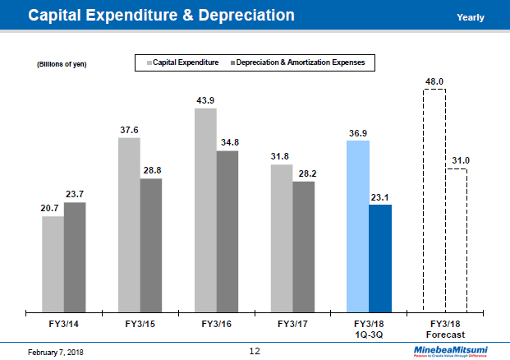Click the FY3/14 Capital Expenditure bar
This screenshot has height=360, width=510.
tap(53, 264)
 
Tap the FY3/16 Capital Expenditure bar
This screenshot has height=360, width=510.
tap(205, 210)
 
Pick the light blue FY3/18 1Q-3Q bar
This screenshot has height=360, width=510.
tap(358, 226)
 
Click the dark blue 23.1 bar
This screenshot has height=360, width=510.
tap(380, 258)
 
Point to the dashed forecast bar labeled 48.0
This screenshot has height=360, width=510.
tap(434, 201)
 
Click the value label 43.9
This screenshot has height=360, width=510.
tap(205, 100)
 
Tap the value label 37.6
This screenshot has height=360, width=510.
tap(129, 130)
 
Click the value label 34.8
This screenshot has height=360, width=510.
tap(227, 143)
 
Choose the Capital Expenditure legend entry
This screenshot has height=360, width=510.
tap(182, 62)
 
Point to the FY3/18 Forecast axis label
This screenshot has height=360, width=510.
tap(444, 330)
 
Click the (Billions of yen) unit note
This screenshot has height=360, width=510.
tap(61, 65)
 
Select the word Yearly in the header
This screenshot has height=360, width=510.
tap(470, 17)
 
